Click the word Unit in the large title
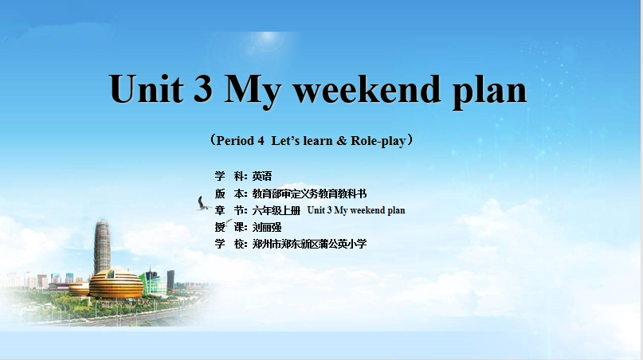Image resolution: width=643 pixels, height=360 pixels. (x=146, y=88)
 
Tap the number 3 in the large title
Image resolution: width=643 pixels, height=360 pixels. (x=203, y=88)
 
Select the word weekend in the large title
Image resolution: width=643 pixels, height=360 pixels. (x=367, y=88)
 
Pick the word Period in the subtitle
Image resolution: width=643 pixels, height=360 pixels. (x=235, y=141)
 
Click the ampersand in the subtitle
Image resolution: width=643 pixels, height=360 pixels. (x=342, y=141)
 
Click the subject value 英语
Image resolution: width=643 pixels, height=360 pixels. (x=262, y=176)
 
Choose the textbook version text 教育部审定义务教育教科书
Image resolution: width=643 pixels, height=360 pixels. (x=309, y=194)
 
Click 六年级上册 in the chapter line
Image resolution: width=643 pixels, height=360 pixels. (x=276, y=210)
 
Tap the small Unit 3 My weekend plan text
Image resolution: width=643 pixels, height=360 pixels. (x=356, y=210)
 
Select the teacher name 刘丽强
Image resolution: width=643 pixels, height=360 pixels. (x=267, y=227)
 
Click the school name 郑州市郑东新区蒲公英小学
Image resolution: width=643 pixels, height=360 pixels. (x=309, y=244)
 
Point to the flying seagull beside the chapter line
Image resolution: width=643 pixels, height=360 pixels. (x=203, y=204)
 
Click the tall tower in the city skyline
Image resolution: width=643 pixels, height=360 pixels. (x=102, y=246)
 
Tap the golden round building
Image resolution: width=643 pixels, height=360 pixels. (x=116, y=284)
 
